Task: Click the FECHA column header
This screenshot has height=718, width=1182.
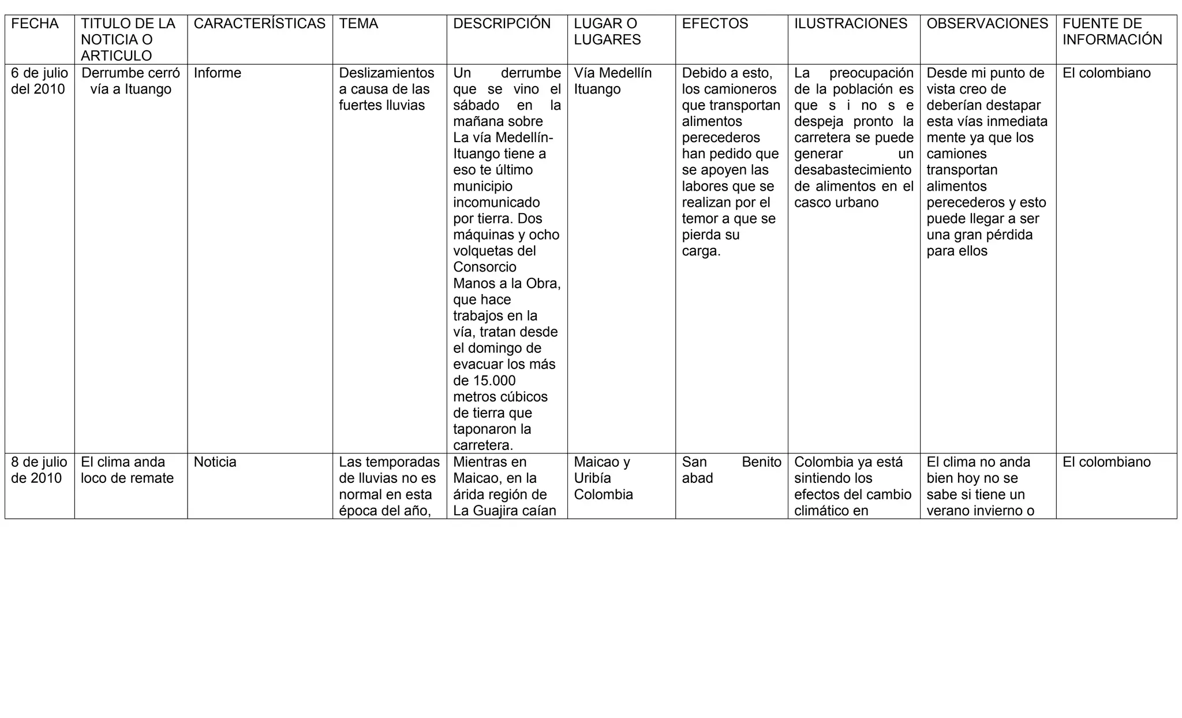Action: (35, 24)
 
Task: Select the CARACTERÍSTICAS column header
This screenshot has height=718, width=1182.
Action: (259, 24)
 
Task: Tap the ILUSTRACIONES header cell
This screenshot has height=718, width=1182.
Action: (850, 24)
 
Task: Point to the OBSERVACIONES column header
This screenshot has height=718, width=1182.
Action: (987, 24)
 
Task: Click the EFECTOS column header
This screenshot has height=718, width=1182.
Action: (715, 24)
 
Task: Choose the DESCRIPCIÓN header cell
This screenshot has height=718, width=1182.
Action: (502, 24)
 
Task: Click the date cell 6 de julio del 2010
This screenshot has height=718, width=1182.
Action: (39, 81)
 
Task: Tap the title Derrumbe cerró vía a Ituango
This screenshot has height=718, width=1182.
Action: (130, 81)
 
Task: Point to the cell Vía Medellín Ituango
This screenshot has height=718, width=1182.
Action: (612, 81)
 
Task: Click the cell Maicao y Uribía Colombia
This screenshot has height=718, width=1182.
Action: (603, 478)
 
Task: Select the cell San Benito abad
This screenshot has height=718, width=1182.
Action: (731, 470)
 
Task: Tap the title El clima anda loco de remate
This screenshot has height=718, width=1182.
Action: (127, 470)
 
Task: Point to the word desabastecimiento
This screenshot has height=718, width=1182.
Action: (852, 170)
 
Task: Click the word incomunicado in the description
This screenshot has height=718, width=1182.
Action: (496, 203)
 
